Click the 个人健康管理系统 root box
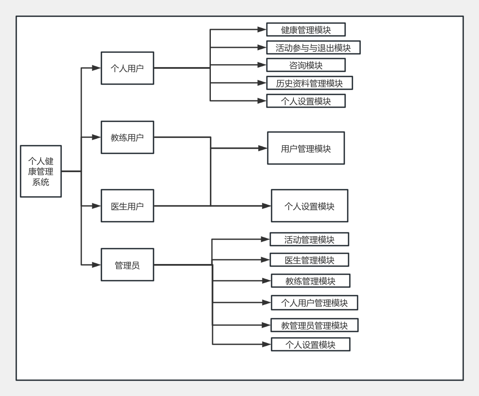(41, 171)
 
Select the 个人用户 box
(127, 68)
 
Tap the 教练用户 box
(127, 137)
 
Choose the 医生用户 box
(127, 205)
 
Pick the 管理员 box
(127, 264)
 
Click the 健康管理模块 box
(306, 29)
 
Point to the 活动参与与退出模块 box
(313, 47)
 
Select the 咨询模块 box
(306, 65)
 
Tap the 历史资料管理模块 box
(310, 83)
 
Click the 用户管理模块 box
(306, 148)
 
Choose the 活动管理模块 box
(309, 240)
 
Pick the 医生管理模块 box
(309, 260)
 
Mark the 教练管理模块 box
(310, 281)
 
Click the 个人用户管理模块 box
(314, 302)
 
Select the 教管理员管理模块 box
(314, 325)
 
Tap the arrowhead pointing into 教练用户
(97, 137)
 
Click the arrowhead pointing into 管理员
(97, 264)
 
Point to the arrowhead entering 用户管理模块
(263, 148)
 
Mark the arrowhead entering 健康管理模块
(262, 29)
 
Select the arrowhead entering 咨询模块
(262, 65)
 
